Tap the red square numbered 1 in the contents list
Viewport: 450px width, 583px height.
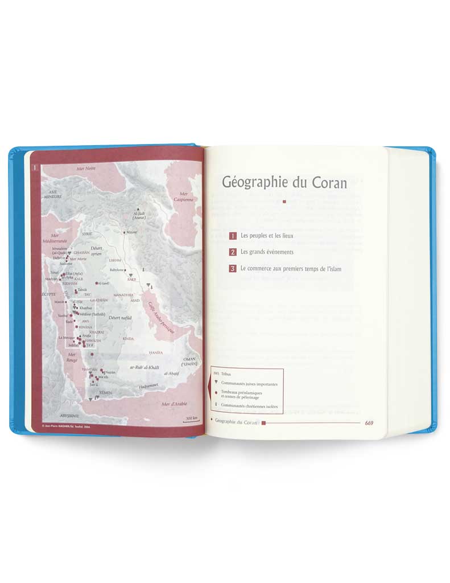(x=233, y=235)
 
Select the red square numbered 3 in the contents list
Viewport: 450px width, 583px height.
(x=233, y=268)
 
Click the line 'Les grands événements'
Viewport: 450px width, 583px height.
(x=267, y=252)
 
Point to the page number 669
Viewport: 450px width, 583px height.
(x=369, y=422)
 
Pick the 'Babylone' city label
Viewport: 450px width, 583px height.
(x=117, y=270)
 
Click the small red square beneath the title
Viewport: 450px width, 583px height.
(x=283, y=202)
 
